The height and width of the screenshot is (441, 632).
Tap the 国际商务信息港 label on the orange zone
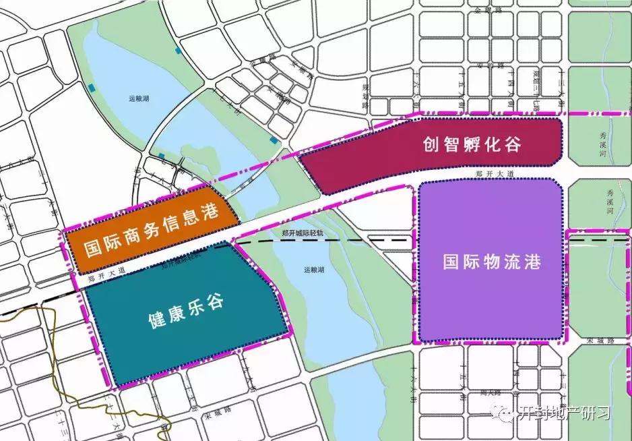click(152, 233)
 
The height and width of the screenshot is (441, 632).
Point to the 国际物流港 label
click(492, 261)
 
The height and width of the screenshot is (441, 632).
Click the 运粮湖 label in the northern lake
click(139, 98)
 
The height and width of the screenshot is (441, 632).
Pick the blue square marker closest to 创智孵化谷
click(273, 140)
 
